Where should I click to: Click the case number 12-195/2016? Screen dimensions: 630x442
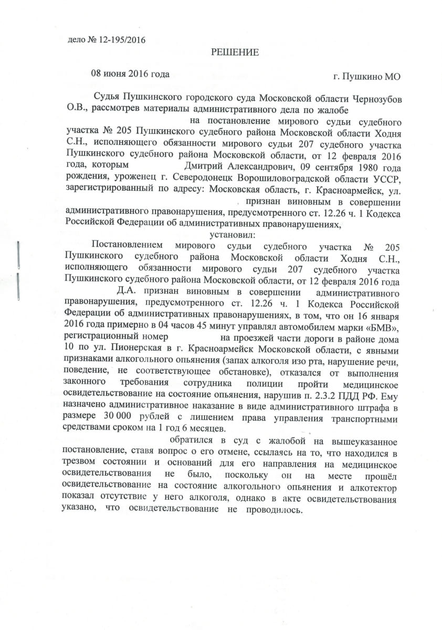[x=120, y=39]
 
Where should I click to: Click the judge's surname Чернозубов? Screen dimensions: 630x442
[x=373, y=98]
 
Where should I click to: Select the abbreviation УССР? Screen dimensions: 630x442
[x=386, y=178]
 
